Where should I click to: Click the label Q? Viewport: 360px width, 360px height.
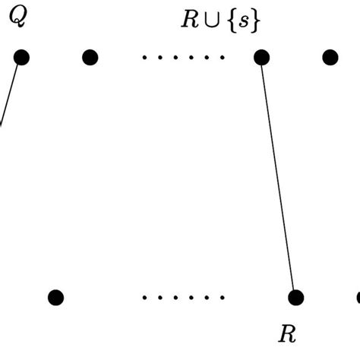tap(17, 18)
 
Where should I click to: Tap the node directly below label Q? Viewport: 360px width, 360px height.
tap(21, 57)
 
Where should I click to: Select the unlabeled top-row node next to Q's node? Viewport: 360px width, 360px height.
tap(90, 57)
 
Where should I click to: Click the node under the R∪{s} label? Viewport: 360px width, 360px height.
tap(261, 57)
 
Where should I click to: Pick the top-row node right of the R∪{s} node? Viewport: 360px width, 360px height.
tap(330, 57)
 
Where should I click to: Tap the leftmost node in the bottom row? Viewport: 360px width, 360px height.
tap(55, 297)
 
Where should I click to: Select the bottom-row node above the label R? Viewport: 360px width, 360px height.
tap(295, 297)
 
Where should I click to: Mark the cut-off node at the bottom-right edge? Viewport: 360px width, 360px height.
tap(358, 297)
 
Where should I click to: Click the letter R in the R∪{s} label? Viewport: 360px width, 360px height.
tap(189, 21)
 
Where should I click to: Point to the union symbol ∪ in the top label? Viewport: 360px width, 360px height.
tap(210, 21)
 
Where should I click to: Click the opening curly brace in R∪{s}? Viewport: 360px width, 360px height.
tap(228, 21)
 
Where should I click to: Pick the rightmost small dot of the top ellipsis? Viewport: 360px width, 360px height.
tap(223, 58)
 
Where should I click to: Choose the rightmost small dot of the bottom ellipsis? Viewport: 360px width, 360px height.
tap(223, 298)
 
